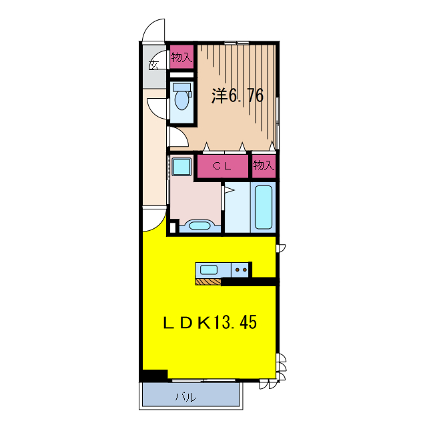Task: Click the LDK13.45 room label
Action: click(x=209, y=322)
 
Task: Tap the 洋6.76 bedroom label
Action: click(x=238, y=95)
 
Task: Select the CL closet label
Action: click(x=222, y=166)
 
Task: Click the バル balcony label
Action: click(x=185, y=398)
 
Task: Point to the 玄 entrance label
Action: click(x=153, y=65)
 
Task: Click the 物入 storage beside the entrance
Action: click(x=181, y=57)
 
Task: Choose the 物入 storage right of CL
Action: click(x=264, y=165)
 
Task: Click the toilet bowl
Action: click(x=181, y=99)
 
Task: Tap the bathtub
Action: click(x=264, y=207)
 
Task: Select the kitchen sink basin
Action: click(x=209, y=270)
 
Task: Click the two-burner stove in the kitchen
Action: click(x=240, y=270)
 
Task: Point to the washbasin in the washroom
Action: click(x=199, y=226)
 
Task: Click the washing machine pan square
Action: click(x=181, y=166)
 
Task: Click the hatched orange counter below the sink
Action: click(x=208, y=282)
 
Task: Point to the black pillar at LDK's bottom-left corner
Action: click(x=153, y=376)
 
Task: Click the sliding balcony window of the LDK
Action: click(x=203, y=380)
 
